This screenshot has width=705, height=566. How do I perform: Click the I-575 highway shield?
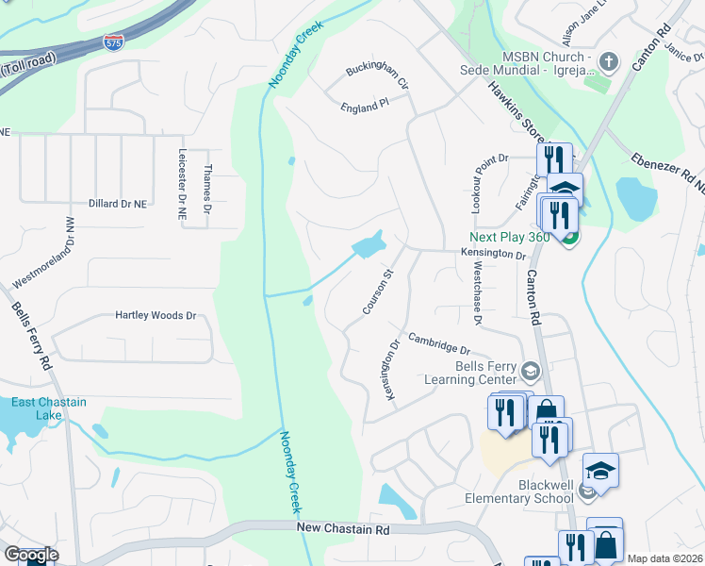(112, 42)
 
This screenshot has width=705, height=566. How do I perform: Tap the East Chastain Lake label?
(48, 408)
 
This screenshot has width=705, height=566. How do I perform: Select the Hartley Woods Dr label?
(155, 316)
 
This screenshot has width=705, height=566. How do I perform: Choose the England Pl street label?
(365, 108)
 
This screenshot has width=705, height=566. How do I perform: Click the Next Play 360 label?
(511, 237)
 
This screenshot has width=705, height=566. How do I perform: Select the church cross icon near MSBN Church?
(609, 62)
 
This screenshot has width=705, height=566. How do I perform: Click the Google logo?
(30, 555)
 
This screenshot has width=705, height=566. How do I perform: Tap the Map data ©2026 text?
(664, 558)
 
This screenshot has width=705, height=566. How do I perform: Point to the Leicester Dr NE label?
(182, 185)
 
